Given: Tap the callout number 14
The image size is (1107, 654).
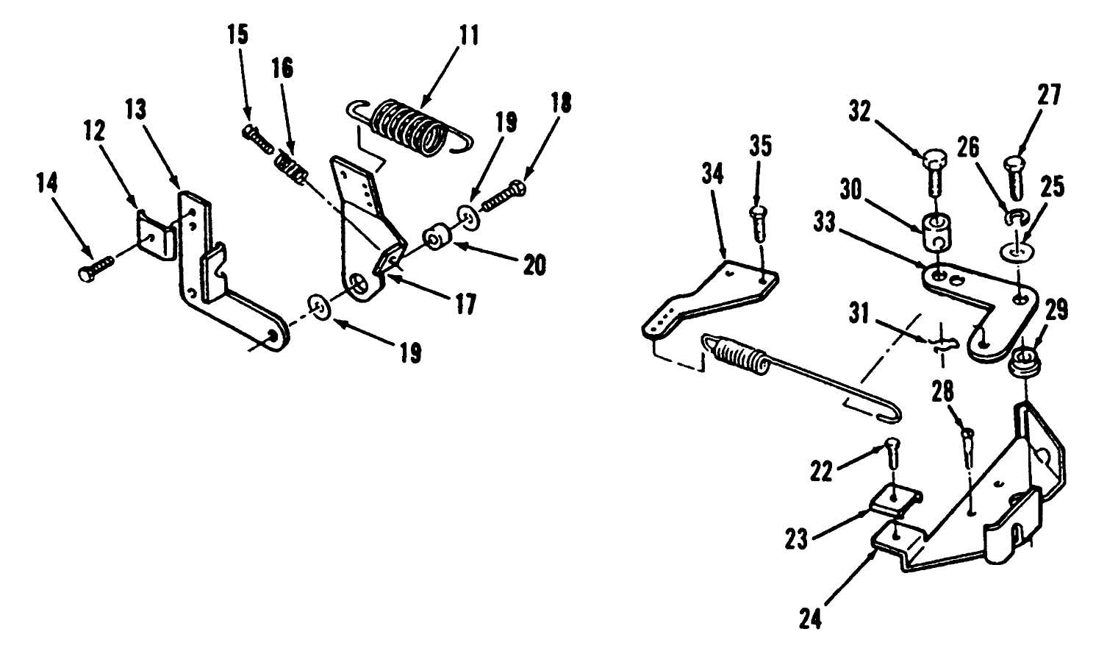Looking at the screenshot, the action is coord(47,182).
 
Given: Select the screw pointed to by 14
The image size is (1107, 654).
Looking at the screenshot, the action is coord(96,268).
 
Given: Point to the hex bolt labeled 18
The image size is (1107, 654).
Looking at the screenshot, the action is coord(503,197).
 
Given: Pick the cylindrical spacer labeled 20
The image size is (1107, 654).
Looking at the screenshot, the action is coord(437,237).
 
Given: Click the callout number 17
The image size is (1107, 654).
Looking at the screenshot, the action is coord(465,304).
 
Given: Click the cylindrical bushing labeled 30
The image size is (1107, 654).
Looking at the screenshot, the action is coord(936,232).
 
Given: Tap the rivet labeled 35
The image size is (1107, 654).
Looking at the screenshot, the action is coord(760,224).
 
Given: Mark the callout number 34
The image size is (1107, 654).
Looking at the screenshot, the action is coord(712,175).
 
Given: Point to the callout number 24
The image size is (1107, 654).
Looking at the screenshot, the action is coord(810,619).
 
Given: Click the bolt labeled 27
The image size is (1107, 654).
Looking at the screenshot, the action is coord(1014,177).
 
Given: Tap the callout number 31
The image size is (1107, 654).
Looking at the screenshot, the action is coord(859,313).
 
